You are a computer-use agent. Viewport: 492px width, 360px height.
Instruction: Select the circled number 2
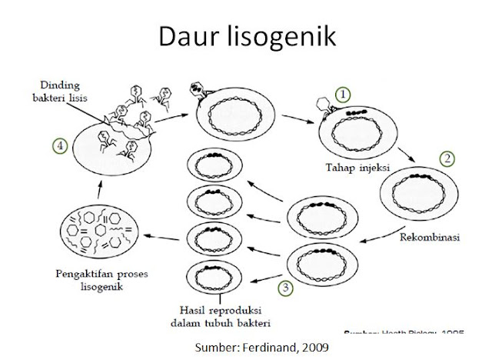[x=445, y=161]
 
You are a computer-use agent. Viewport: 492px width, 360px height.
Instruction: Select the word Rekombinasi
[x=429, y=238]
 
